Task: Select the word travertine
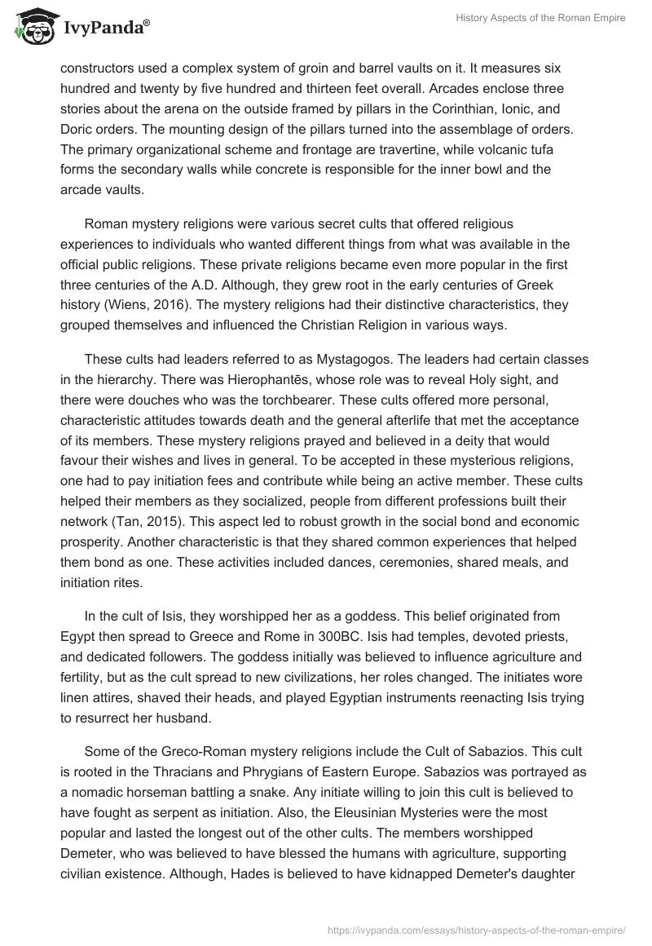429,151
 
